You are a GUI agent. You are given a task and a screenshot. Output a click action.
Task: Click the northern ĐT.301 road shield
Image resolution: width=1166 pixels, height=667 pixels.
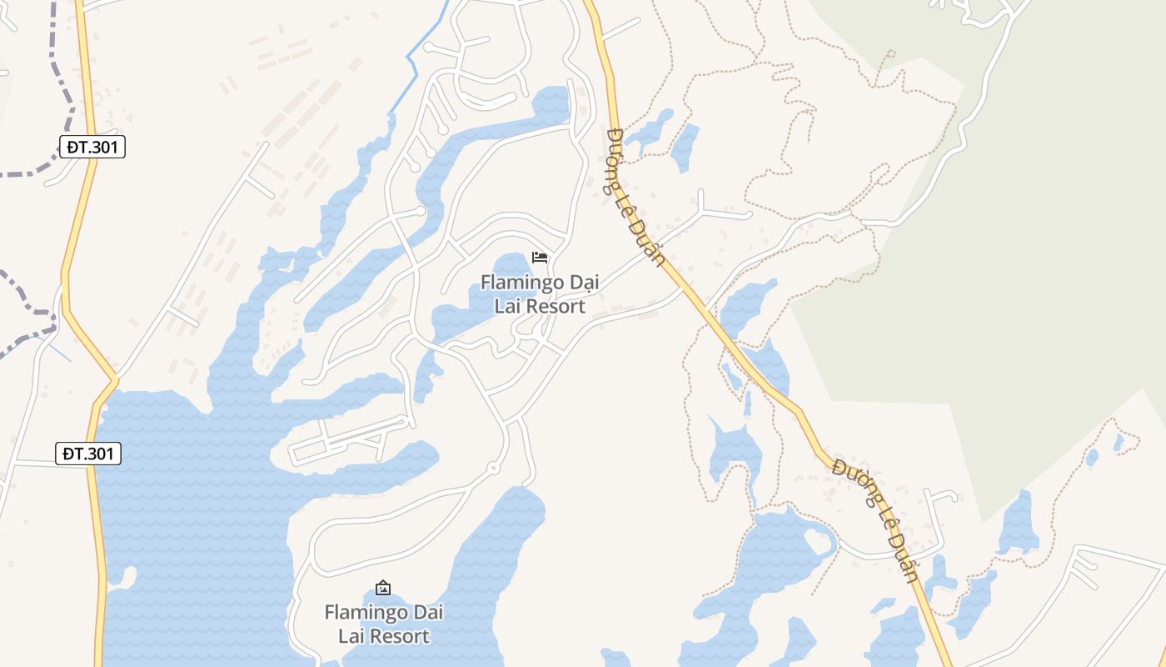click(x=93, y=148)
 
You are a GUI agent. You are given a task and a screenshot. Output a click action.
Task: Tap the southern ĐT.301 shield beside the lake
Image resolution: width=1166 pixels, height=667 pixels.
click(x=90, y=454)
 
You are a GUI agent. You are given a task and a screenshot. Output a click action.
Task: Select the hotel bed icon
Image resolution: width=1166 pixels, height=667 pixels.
click(x=540, y=257)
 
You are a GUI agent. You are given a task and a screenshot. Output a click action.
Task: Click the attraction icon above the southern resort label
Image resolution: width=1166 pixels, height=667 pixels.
click(x=383, y=588)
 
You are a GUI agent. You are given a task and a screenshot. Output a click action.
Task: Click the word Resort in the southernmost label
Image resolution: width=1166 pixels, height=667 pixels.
click(x=399, y=636)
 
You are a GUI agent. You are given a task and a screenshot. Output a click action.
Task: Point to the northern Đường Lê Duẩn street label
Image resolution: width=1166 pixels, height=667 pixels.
click(x=637, y=197)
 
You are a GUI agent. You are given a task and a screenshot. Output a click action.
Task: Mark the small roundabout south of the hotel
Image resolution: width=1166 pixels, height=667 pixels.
click(x=493, y=469)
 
